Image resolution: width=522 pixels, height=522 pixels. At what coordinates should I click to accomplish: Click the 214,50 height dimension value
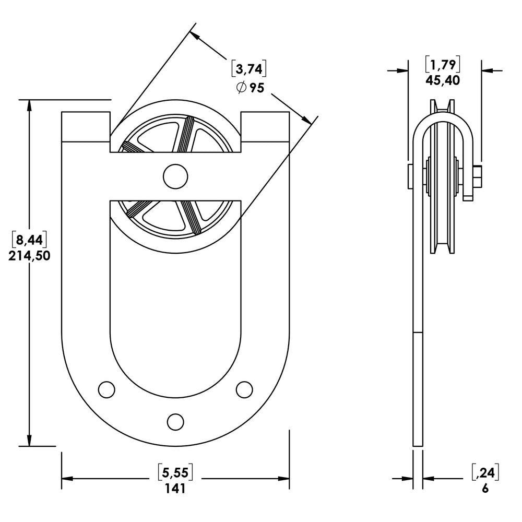point(29,256)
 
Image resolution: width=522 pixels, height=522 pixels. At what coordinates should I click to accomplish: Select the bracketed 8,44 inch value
point(30,240)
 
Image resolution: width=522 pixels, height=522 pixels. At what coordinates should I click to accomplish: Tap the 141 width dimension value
point(175,489)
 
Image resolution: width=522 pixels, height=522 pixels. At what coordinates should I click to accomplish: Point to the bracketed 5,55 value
point(175,473)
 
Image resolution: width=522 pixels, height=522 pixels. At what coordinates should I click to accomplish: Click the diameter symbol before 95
point(241,88)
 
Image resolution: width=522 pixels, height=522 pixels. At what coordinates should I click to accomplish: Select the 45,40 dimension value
point(444,81)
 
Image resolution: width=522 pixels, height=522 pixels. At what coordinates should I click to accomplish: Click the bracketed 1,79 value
point(444,65)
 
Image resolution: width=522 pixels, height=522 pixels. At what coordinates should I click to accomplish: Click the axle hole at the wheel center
point(175,176)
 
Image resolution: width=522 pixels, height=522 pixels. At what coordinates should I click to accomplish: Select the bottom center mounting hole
point(175,421)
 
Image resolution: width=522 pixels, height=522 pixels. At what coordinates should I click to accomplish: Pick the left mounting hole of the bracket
point(106,389)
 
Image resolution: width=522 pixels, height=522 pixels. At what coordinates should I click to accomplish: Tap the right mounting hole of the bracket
point(244,389)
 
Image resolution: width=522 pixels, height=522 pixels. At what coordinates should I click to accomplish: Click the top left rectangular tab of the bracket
point(86,126)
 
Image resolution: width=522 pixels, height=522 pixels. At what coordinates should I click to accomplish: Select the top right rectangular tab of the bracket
point(265,126)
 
